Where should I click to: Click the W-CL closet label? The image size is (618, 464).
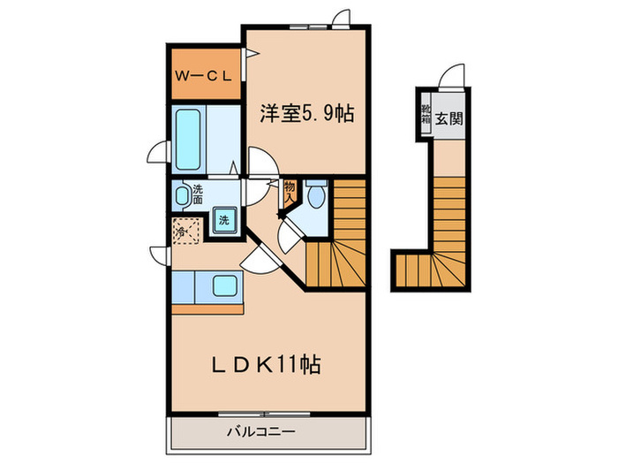coord(203,76)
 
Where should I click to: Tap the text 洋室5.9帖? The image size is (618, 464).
coord(306,114)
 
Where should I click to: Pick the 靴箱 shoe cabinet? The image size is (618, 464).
coord(425,116)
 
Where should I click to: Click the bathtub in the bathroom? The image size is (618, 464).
coord(189,141)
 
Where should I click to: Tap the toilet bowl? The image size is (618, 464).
coord(317,195)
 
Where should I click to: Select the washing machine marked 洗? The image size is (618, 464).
coord(224,220)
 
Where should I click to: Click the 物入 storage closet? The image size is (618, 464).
coord(290,192)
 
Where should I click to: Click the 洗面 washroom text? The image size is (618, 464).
coord(198,194)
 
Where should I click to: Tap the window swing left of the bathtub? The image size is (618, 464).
coord(158,153)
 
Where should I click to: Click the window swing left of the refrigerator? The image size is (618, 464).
coord(160,255)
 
